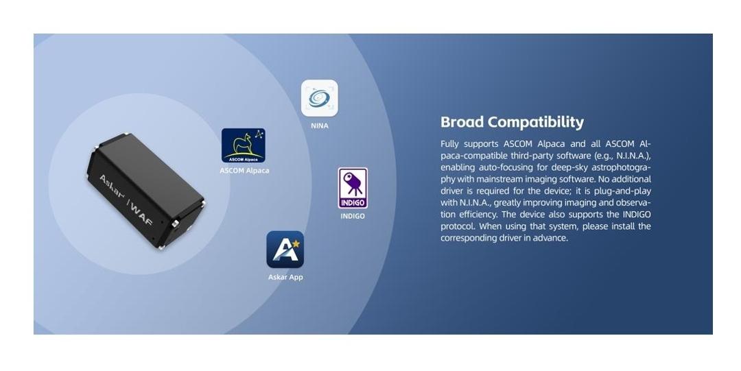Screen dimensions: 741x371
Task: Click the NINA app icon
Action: [x=320, y=98]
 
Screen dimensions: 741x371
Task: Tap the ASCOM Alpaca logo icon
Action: [x=244, y=145]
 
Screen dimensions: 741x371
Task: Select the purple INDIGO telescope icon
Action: [x=353, y=188]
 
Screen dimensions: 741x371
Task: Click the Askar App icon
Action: [x=285, y=250]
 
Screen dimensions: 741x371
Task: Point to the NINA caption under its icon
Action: [x=320, y=125]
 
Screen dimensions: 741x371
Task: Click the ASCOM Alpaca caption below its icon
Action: [x=244, y=171]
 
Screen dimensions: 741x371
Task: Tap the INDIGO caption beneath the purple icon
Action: [x=353, y=216]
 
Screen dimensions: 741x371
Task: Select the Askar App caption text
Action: [x=285, y=277]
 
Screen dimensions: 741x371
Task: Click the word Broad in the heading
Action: [x=462, y=122]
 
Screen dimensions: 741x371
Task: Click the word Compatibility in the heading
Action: [x=536, y=122]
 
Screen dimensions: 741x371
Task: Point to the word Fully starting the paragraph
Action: [x=449, y=144]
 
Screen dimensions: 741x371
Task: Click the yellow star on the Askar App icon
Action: [x=296, y=244]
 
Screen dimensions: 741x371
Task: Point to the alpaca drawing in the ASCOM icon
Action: [x=242, y=143]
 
